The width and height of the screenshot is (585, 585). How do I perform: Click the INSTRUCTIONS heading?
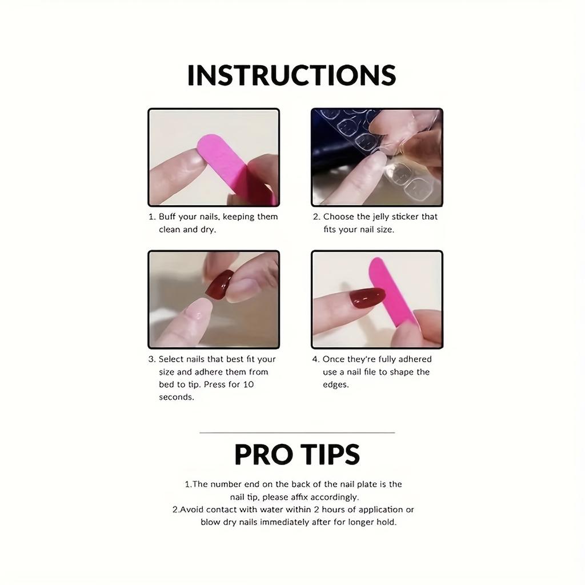point(292,75)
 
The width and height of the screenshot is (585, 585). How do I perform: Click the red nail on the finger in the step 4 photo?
point(367,298)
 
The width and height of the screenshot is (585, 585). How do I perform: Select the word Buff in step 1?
point(167,217)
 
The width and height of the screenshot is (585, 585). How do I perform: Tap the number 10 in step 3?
point(249,384)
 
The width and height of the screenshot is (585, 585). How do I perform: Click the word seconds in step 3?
point(177,397)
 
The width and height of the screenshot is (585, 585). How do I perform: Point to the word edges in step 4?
point(335,384)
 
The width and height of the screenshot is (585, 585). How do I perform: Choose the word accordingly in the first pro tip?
point(338,497)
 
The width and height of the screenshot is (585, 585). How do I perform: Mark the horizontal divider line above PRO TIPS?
point(297,432)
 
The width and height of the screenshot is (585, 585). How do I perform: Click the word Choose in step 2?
point(339,217)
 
